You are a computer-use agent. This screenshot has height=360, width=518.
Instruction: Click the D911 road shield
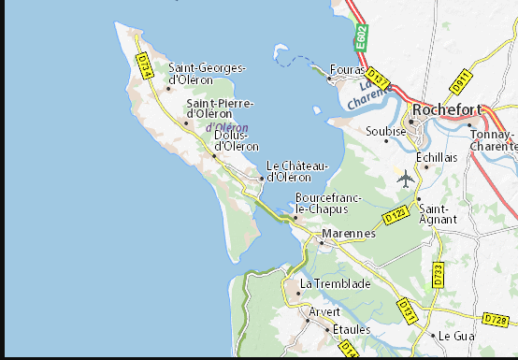coord(460,82)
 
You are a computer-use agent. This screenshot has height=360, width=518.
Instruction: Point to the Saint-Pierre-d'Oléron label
coord(220,108)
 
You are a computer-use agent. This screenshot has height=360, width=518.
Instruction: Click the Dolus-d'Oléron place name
coord(237,140)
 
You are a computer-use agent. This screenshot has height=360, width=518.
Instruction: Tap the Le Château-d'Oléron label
coord(297,171)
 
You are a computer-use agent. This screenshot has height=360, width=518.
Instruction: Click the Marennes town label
coord(348,233)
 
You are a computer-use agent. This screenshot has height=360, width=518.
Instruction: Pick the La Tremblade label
coord(335,283)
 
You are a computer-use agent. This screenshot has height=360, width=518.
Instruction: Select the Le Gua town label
coord(458,336)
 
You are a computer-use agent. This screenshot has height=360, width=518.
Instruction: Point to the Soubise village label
coord(386,131)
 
